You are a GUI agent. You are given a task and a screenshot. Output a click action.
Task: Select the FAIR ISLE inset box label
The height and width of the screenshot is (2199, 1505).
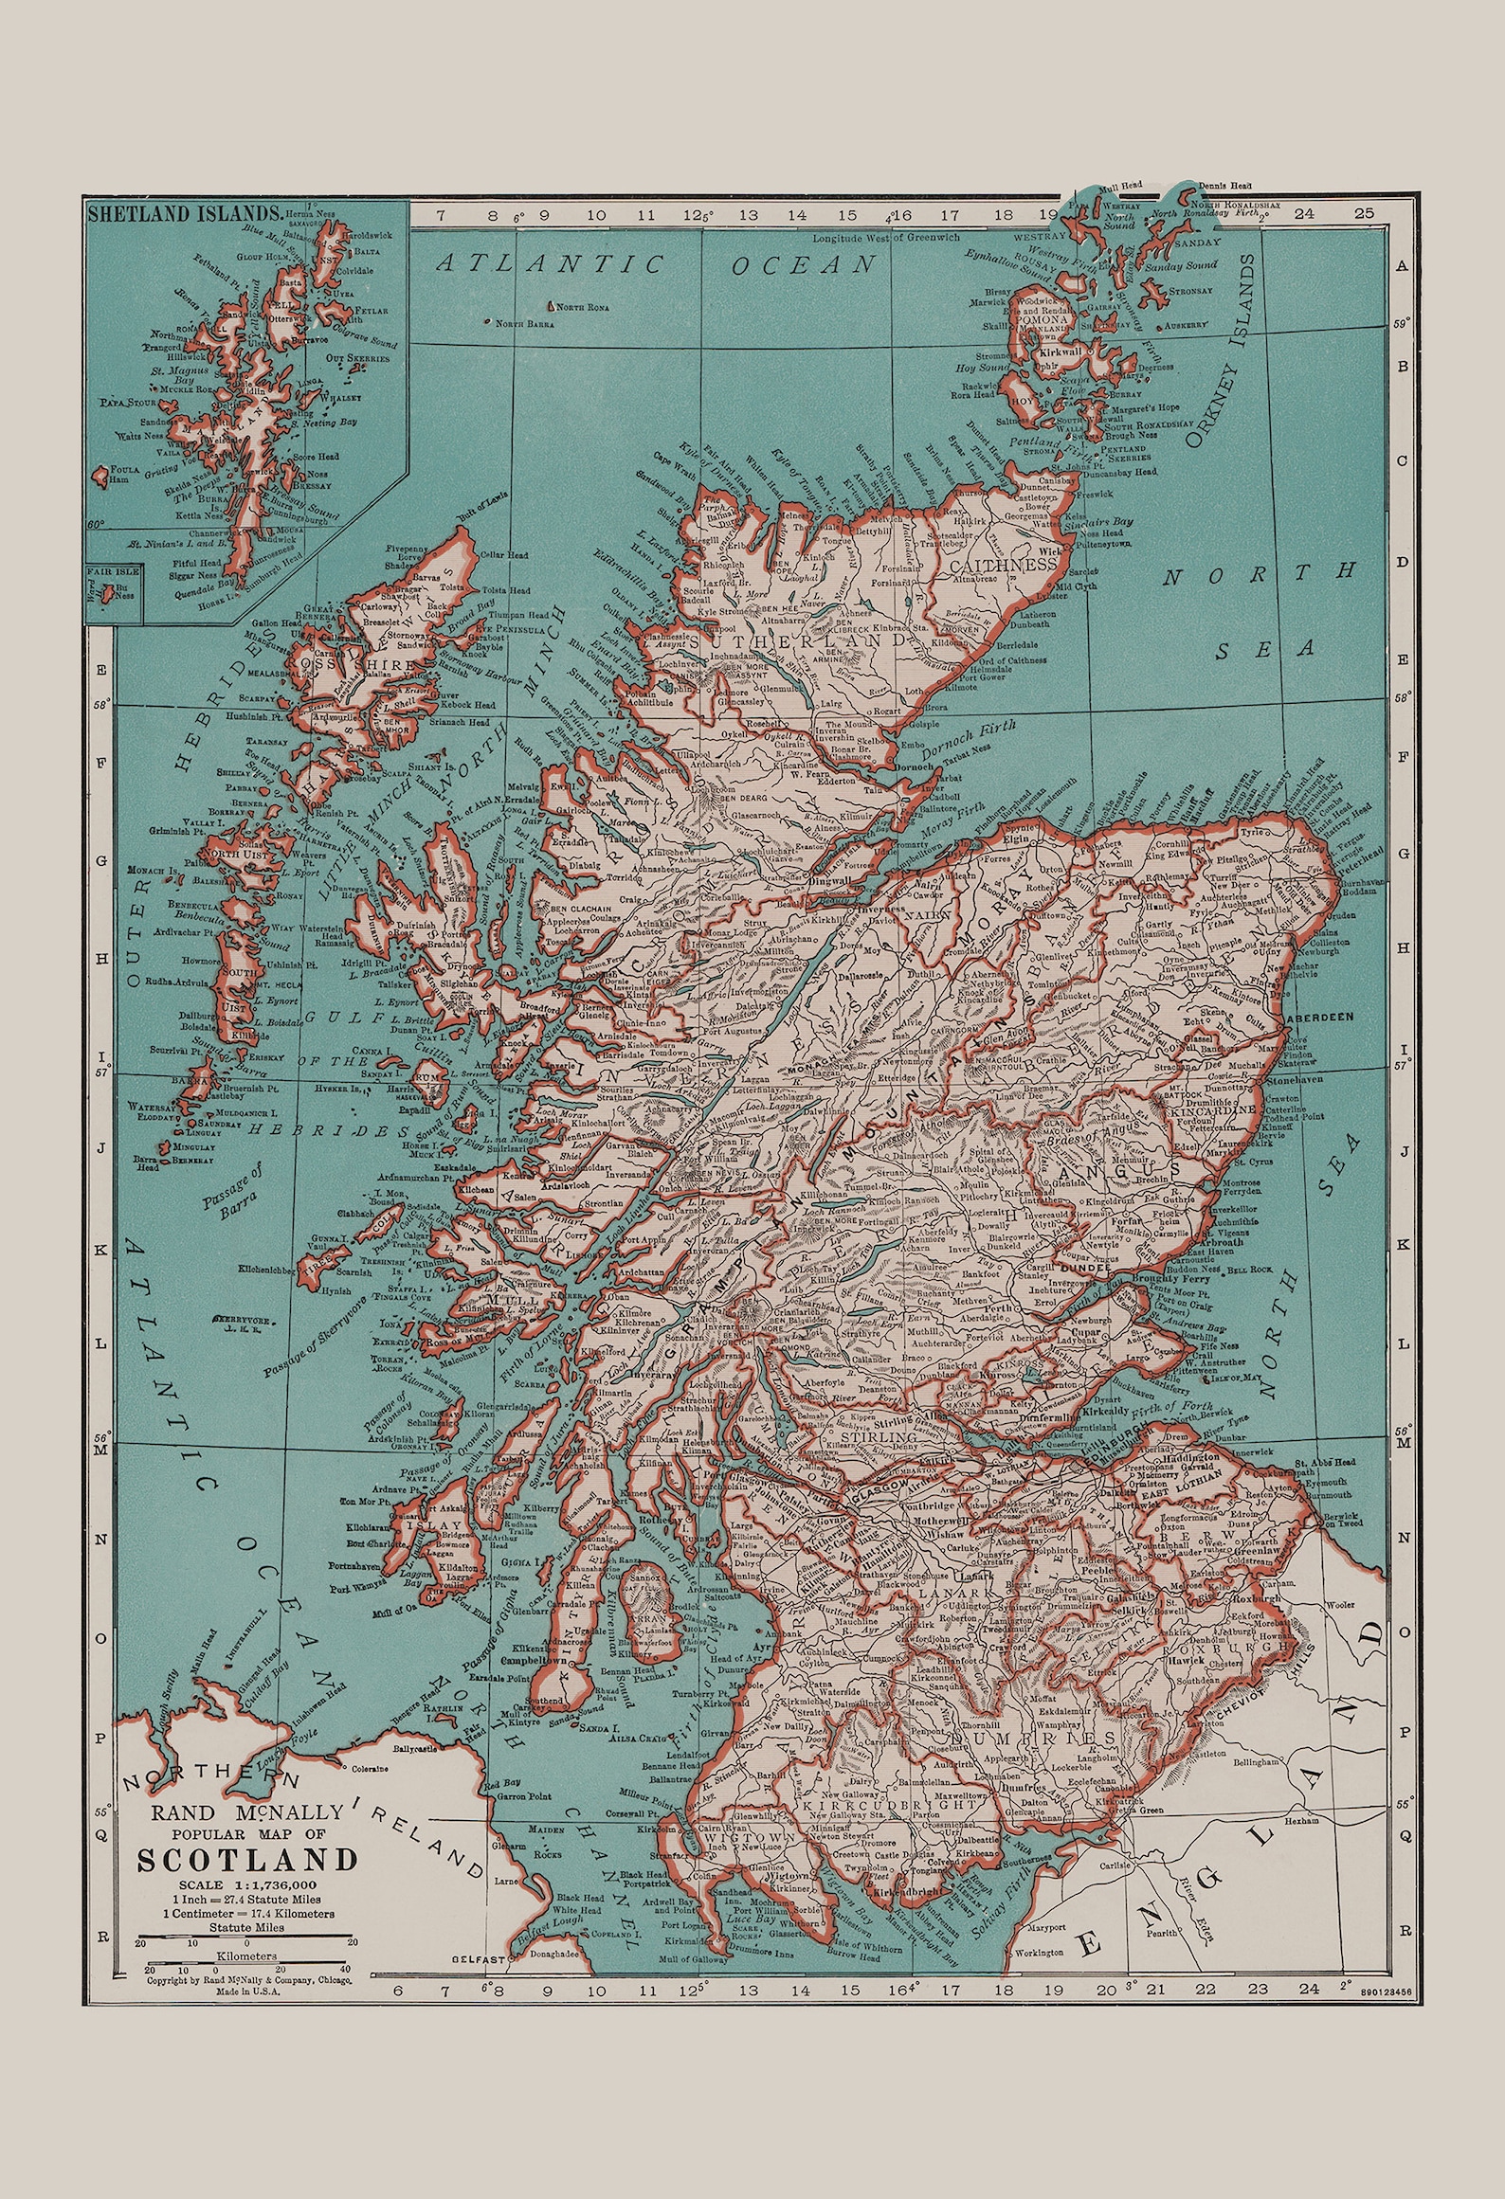[x=113, y=571]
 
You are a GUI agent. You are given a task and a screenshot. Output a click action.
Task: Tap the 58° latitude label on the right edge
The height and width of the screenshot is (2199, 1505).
[x=1405, y=695]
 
